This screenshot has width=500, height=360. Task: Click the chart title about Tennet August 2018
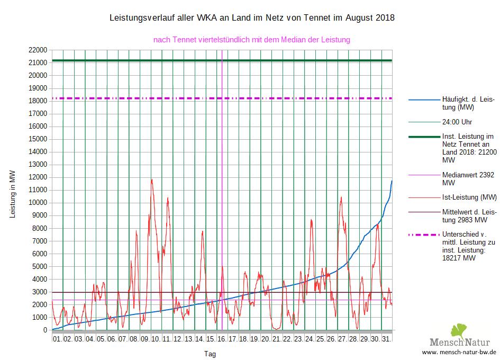(251, 18)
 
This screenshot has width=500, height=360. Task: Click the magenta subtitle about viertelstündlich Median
(251, 39)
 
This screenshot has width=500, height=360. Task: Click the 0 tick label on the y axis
(46, 330)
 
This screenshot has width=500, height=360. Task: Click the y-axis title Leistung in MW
(13, 194)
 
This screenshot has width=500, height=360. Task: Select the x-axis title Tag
(210, 354)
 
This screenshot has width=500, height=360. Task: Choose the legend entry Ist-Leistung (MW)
(469, 197)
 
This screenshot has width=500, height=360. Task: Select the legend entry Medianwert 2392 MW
(469, 178)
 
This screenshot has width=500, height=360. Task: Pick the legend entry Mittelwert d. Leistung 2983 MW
(469, 216)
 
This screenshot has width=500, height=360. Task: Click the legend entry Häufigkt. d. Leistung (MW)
(469, 103)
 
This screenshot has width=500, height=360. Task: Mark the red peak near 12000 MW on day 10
(152, 179)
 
